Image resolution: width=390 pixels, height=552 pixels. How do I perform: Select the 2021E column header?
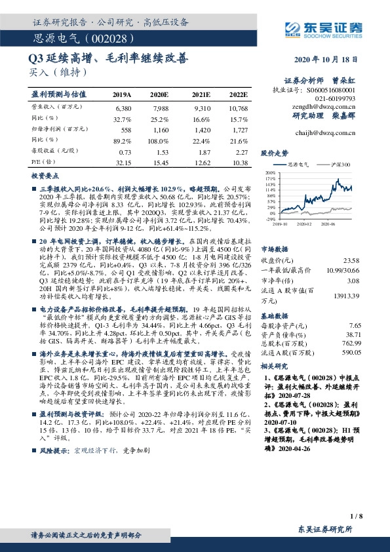[x=202, y=94]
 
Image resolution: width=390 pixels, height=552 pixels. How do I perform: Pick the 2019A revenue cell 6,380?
[x=123, y=107]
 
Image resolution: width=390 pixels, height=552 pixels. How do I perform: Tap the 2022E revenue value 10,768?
[x=239, y=107]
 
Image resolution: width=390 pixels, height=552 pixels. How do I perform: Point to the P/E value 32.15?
[x=123, y=161]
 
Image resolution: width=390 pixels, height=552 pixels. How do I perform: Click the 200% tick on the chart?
[x=271, y=172]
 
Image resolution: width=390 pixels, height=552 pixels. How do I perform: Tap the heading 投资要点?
[x=43, y=177]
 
